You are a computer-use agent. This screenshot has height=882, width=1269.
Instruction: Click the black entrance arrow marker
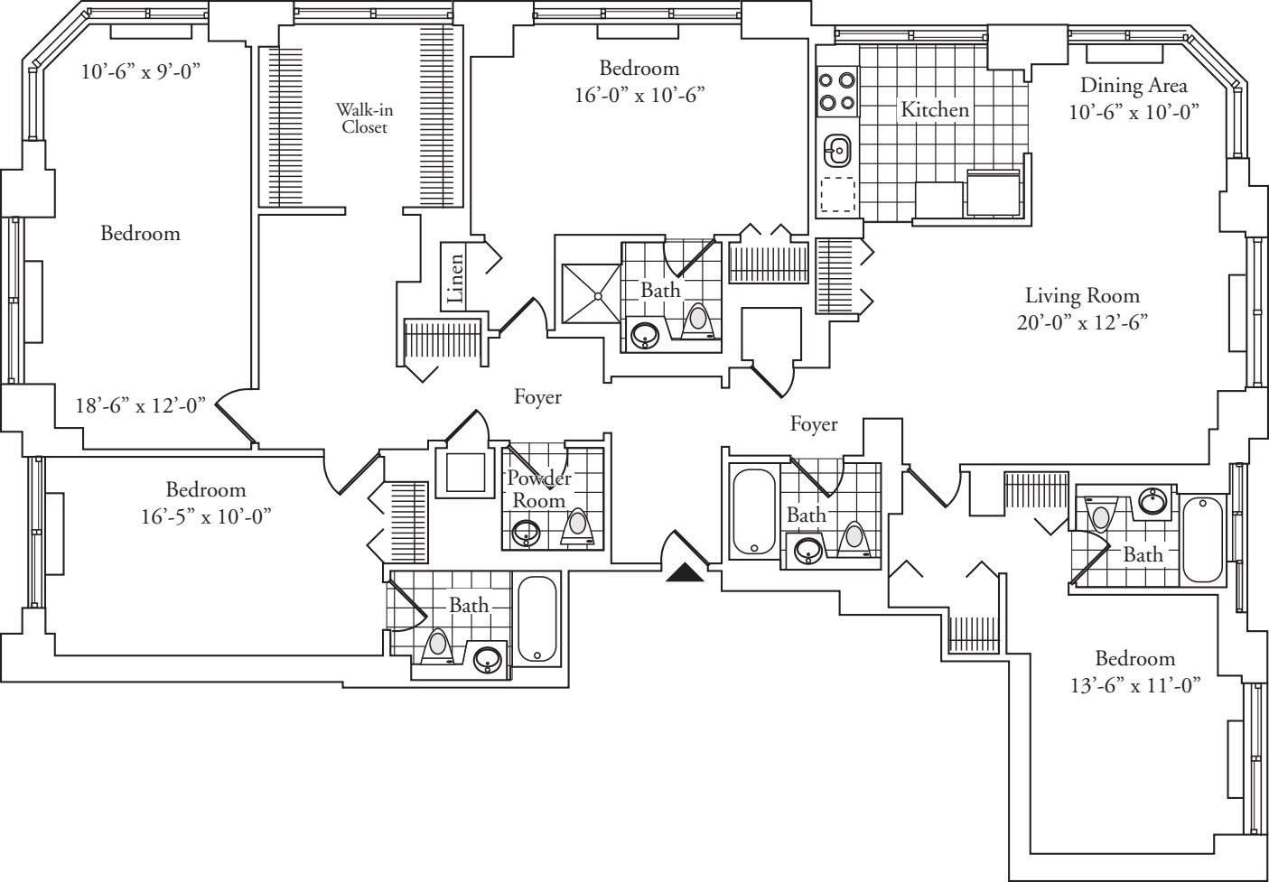tap(685, 573)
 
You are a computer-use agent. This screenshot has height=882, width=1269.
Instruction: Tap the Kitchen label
tap(935, 109)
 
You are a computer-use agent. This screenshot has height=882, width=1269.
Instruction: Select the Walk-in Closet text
tap(364, 118)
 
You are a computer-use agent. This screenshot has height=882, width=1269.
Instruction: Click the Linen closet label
tap(455, 278)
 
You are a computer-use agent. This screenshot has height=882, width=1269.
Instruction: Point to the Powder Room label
tap(538, 488)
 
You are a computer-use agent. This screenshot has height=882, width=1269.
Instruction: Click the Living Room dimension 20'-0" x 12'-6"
tap(1081, 322)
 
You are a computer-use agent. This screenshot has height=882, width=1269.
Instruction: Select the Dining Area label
tap(1134, 86)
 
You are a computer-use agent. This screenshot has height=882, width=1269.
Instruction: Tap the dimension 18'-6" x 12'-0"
tap(140, 405)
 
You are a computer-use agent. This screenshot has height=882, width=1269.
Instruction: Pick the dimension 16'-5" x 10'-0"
tap(206, 515)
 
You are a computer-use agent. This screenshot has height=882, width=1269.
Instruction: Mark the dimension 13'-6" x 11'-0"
tap(1134, 685)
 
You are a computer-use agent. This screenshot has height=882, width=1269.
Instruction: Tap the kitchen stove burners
tap(836, 91)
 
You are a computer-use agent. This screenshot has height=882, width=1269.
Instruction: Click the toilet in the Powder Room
tap(577, 525)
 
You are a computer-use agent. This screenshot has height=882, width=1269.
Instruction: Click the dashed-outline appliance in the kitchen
tap(837, 194)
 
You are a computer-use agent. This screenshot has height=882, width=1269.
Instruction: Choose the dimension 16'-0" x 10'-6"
tap(639, 94)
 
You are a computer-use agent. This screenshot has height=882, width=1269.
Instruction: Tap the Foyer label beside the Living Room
tap(813, 424)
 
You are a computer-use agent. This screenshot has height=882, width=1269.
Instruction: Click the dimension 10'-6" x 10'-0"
tap(1134, 112)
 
